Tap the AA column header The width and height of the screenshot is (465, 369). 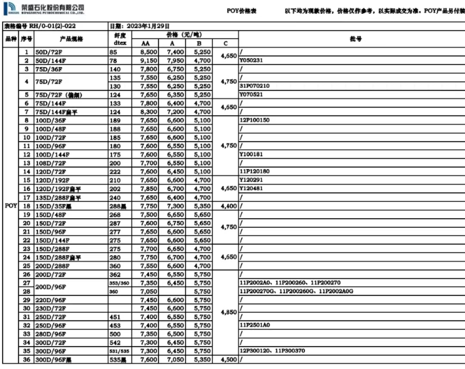tap(146, 43)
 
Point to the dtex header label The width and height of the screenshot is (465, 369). tap(120, 43)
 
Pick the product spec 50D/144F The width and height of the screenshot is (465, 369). tap(51, 61)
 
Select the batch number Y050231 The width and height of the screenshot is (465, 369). tap(251, 61)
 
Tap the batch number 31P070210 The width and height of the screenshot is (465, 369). tap(254, 86)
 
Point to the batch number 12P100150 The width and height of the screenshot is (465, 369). tap(254, 120)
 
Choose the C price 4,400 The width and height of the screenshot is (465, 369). tap(228, 206)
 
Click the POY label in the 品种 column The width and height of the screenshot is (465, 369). tap(11, 206)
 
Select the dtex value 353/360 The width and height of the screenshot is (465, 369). tap(119, 283)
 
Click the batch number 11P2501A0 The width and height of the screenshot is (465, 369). tap(254, 325)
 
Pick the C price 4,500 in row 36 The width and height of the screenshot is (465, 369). tap(228, 360)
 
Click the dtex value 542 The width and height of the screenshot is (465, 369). tap(115, 342)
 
